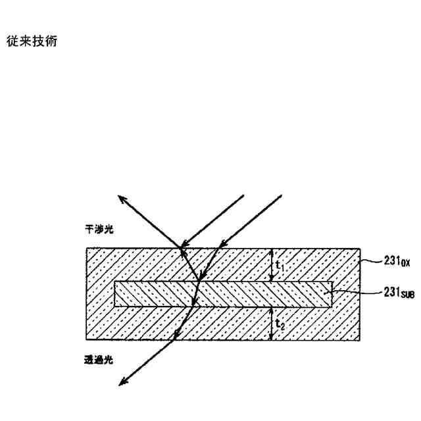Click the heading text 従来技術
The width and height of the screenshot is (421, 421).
coord(31,41)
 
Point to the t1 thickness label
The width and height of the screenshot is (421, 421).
coord(280,266)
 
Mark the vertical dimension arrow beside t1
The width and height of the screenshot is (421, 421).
coord(272,265)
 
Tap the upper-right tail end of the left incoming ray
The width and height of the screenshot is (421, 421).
coord(243,195)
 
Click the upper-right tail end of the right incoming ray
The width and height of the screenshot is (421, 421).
coord(282,195)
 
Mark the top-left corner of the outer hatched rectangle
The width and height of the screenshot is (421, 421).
coord(86,248)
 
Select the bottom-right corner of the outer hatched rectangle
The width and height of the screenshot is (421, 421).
coord(359,341)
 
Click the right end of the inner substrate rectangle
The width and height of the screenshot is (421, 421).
coord(332,294)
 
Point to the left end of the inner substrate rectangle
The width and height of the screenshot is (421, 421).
coord(114,294)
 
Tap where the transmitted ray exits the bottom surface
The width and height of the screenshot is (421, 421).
coord(175,341)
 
